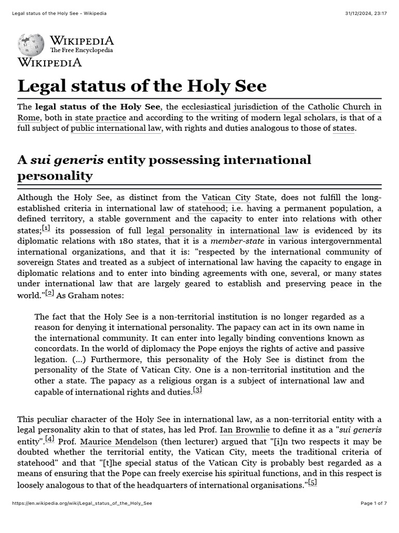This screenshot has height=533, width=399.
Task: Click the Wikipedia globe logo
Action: [32, 45]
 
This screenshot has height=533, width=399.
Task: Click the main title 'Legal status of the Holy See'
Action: [142, 86]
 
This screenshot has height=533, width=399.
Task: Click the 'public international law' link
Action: [116, 128]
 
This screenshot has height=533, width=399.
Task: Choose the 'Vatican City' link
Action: [225, 198]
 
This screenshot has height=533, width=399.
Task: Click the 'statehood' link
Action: [206, 208]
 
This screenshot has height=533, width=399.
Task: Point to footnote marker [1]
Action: [46, 229]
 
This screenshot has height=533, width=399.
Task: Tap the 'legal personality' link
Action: [179, 230]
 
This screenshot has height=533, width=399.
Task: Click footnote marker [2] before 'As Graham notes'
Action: [49, 293]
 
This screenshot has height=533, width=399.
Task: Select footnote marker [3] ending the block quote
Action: [197, 390]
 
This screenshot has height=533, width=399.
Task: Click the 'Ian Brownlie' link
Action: [244, 430]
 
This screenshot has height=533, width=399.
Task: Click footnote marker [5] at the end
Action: [312, 483]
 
